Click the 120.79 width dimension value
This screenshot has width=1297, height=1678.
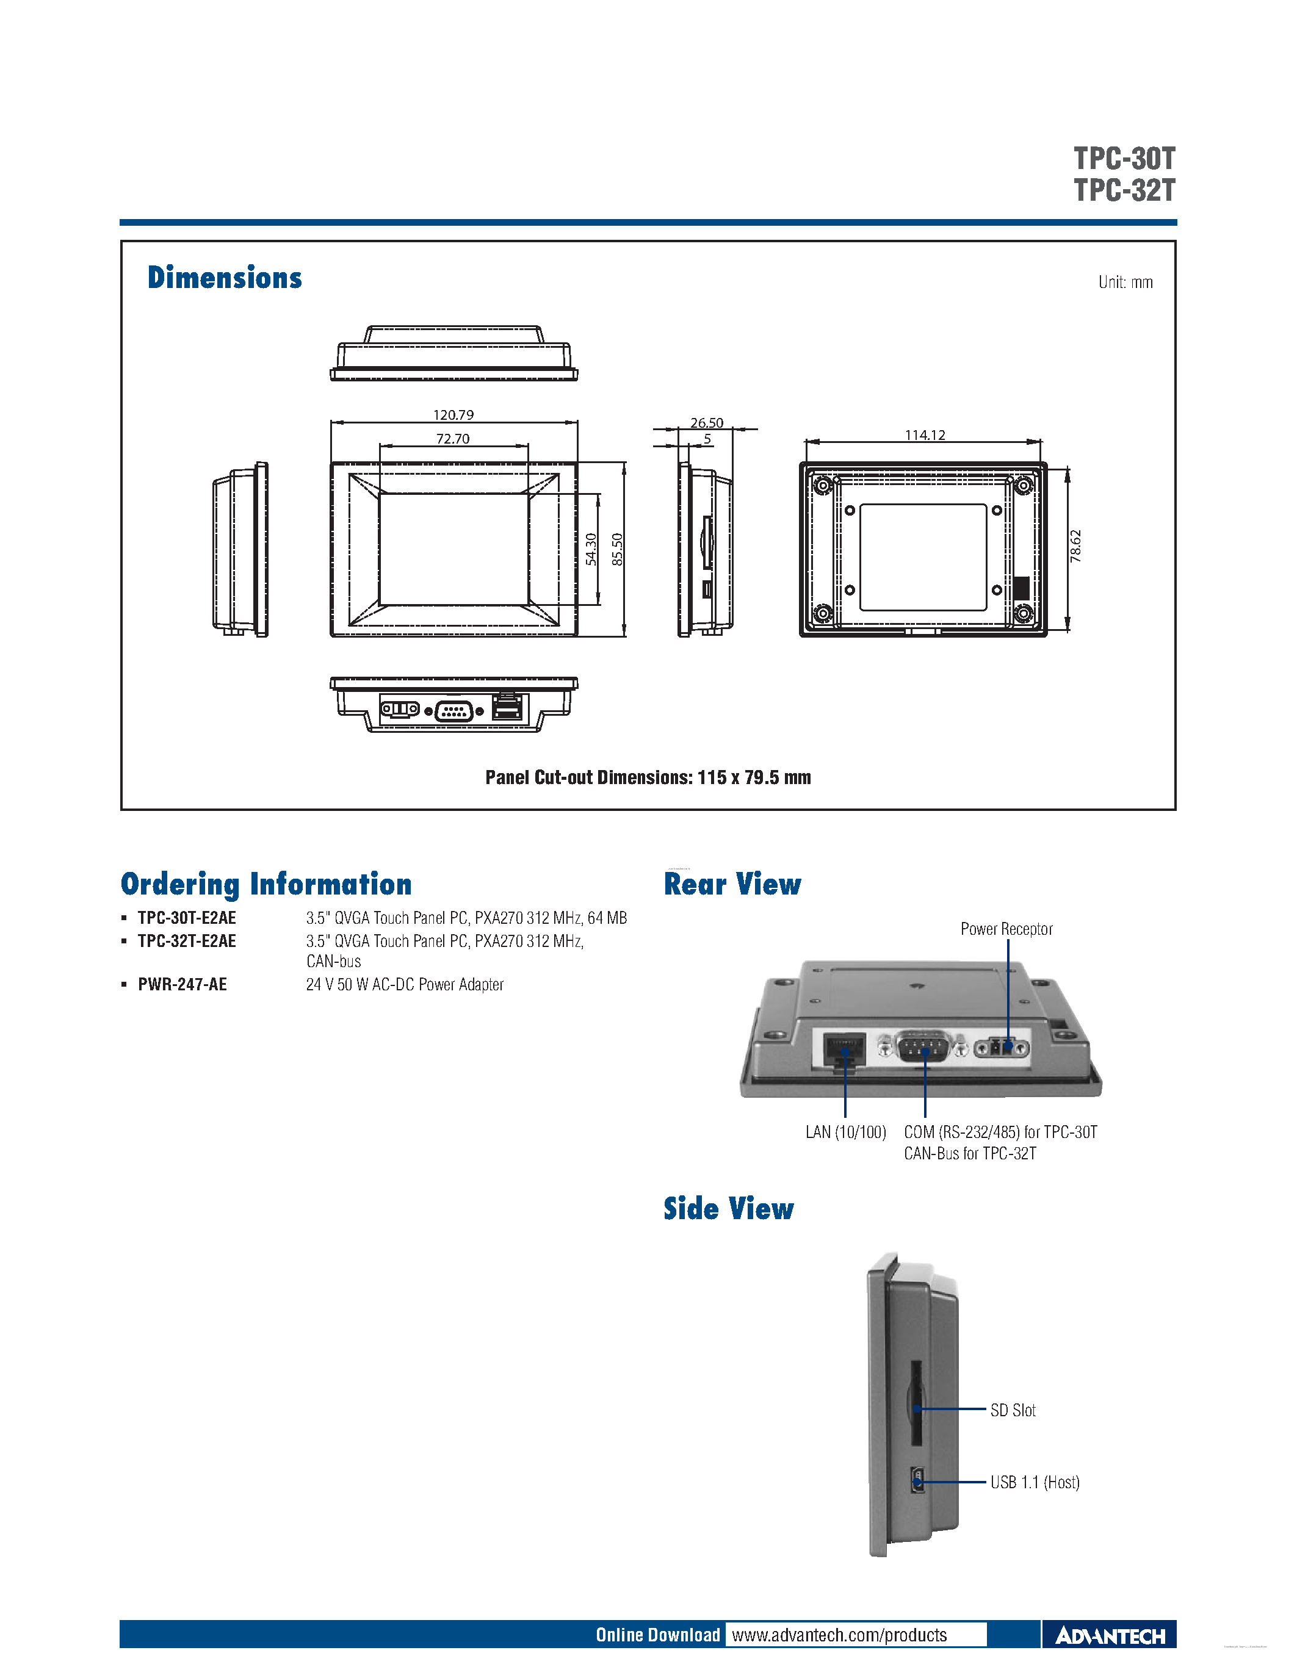pyautogui.click(x=453, y=415)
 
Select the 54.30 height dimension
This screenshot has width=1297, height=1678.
pyautogui.click(x=591, y=549)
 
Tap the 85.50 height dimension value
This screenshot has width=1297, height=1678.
pyautogui.click(x=617, y=549)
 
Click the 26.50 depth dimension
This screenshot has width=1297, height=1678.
pyautogui.click(x=706, y=423)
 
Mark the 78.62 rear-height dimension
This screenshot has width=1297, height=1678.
pyautogui.click(x=1075, y=546)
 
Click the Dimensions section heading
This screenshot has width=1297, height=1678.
pyautogui.click(x=225, y=278)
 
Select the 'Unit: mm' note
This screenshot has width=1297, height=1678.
pyautogui.click(x=1125, y=282)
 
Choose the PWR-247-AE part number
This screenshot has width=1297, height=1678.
pyautogui.click(x=182, y=984)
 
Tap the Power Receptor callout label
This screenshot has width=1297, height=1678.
pyautogui.click(x=1006, y=929)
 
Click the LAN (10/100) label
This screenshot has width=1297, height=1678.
pyautogui.click(x=845, y=1132)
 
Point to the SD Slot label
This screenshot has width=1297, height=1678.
pyautogui.click(x=1013, y=1410)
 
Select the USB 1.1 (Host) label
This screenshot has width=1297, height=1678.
pyautogui.click(x=1034, y=1482)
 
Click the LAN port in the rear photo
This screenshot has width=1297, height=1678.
pyautogui.click(x=844, y=1050)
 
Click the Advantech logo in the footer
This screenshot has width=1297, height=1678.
pyautogui.click(x=1110, y=1636)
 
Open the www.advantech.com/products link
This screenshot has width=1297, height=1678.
pyautogui.click(x=839, y=1635)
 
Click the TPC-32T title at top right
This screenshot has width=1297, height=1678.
pyautogui.click(x=1124, y=190)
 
